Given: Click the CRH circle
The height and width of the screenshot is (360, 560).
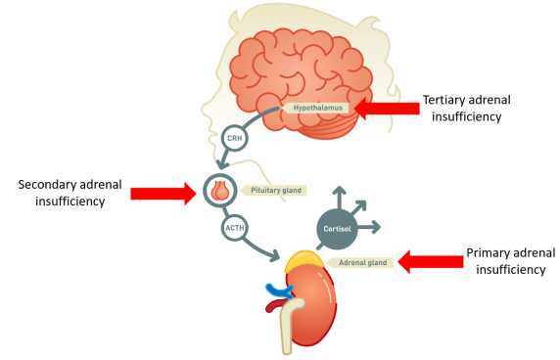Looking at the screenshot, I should (x=235, y=138).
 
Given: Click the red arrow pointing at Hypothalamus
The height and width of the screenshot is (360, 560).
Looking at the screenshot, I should (x=384, y=108).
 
